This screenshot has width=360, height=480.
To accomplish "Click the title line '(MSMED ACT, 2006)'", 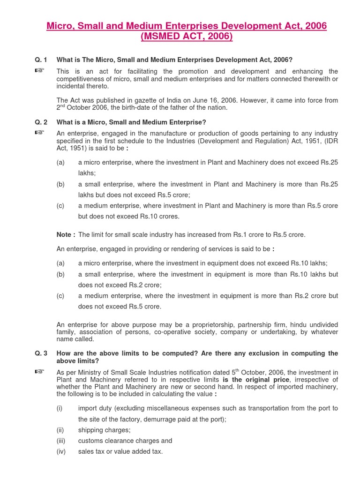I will pyautogui.click(x=187, y=37).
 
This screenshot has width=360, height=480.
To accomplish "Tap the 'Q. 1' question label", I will pyautogui.click(x=41, y=60).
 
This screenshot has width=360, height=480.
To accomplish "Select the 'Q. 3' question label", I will pyautogui.click(x=41, y=353).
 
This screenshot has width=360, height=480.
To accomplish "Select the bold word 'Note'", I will pyautogui.click(x=65, y=234).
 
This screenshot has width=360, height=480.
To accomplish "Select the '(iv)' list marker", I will pyautogui.click(x=61, y=451).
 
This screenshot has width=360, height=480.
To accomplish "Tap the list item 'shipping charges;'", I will pyautogui.click(x=105, y=430).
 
